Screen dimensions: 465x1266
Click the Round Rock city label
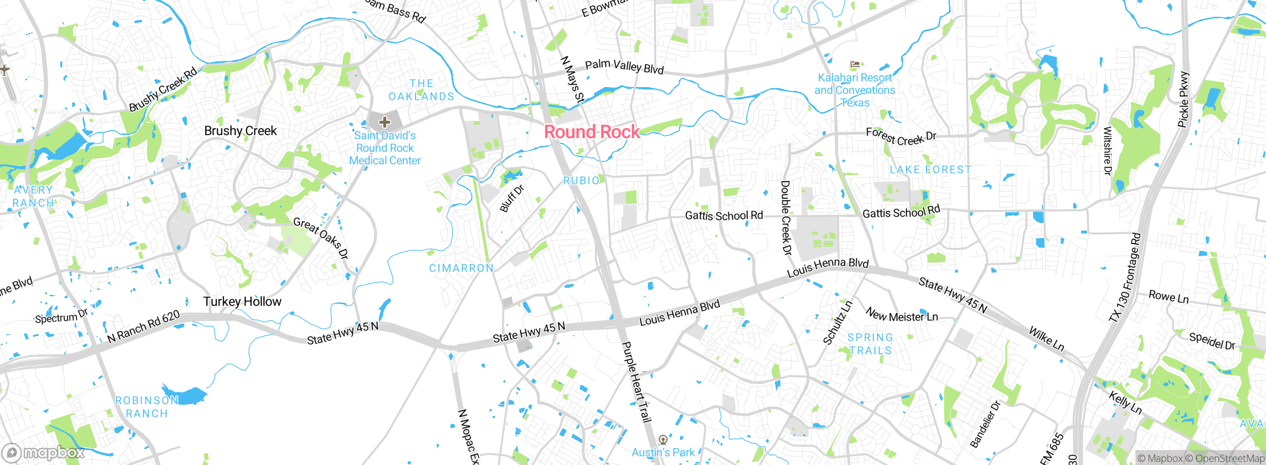tap(592, 132)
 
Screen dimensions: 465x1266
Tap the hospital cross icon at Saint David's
tap(385, 122)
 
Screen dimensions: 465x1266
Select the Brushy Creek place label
tap(240, 131)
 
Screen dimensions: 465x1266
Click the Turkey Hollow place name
tap(242, 302)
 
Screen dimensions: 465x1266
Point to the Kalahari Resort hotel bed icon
tap(855, 64)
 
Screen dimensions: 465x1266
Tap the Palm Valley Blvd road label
tap(624, 66)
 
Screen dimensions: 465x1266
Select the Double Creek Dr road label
tap(785, 218)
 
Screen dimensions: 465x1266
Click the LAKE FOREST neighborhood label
tap(930, 170)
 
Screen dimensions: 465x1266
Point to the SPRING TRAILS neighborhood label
tap(870, 344)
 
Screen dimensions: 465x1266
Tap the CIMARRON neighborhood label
tap(461, 268)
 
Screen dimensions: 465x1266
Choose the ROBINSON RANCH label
tap(146, 407)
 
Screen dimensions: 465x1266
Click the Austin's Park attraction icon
tap(663, 439)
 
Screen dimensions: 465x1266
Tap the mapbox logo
tap(44, 453)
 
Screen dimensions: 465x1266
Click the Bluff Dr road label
tap(512, 198)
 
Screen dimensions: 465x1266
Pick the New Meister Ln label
tap(902, 315)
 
